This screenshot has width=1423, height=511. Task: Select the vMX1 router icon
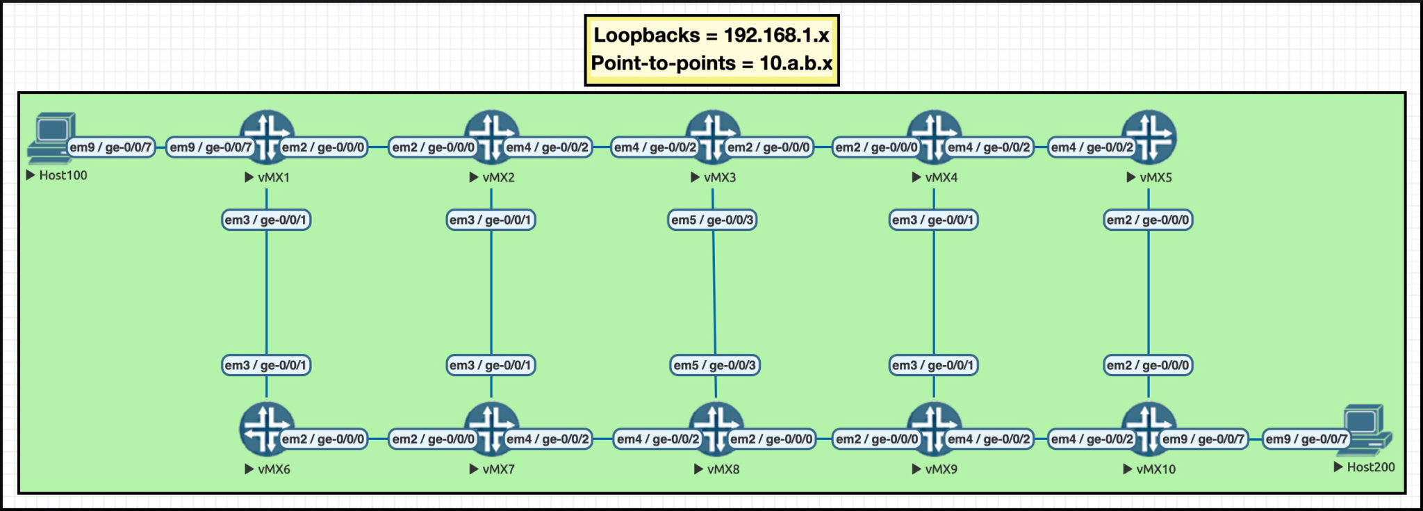(x=267, y=136)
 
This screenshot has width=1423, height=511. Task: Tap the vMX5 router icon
(x=1149, y=136)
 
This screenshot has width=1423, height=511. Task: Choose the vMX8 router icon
(x=716, y=428)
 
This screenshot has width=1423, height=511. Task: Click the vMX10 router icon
(x=1149, y=428)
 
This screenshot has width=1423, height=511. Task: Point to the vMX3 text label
(x=719, y=177)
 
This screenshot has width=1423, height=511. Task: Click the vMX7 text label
(x=498, y=469)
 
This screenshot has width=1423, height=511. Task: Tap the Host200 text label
(x=1370, y=467)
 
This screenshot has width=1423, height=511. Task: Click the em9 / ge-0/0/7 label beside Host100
(x=110, y=147)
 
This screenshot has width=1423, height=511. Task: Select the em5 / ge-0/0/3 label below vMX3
(x=712, y=220)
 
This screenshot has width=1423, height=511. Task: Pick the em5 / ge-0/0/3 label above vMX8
(x=715, y=365)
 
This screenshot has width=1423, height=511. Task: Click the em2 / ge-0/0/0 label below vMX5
(x=1148, y=220)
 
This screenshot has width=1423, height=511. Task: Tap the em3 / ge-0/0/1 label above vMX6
(x=265, y=365)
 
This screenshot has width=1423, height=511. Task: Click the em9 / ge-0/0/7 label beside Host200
(x=1306, y=439)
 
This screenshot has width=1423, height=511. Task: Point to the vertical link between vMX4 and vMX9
(x=934, y=292)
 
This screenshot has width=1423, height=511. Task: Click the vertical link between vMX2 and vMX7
(x=491, y=292)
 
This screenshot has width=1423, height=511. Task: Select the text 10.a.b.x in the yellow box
(x=796, y=63)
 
